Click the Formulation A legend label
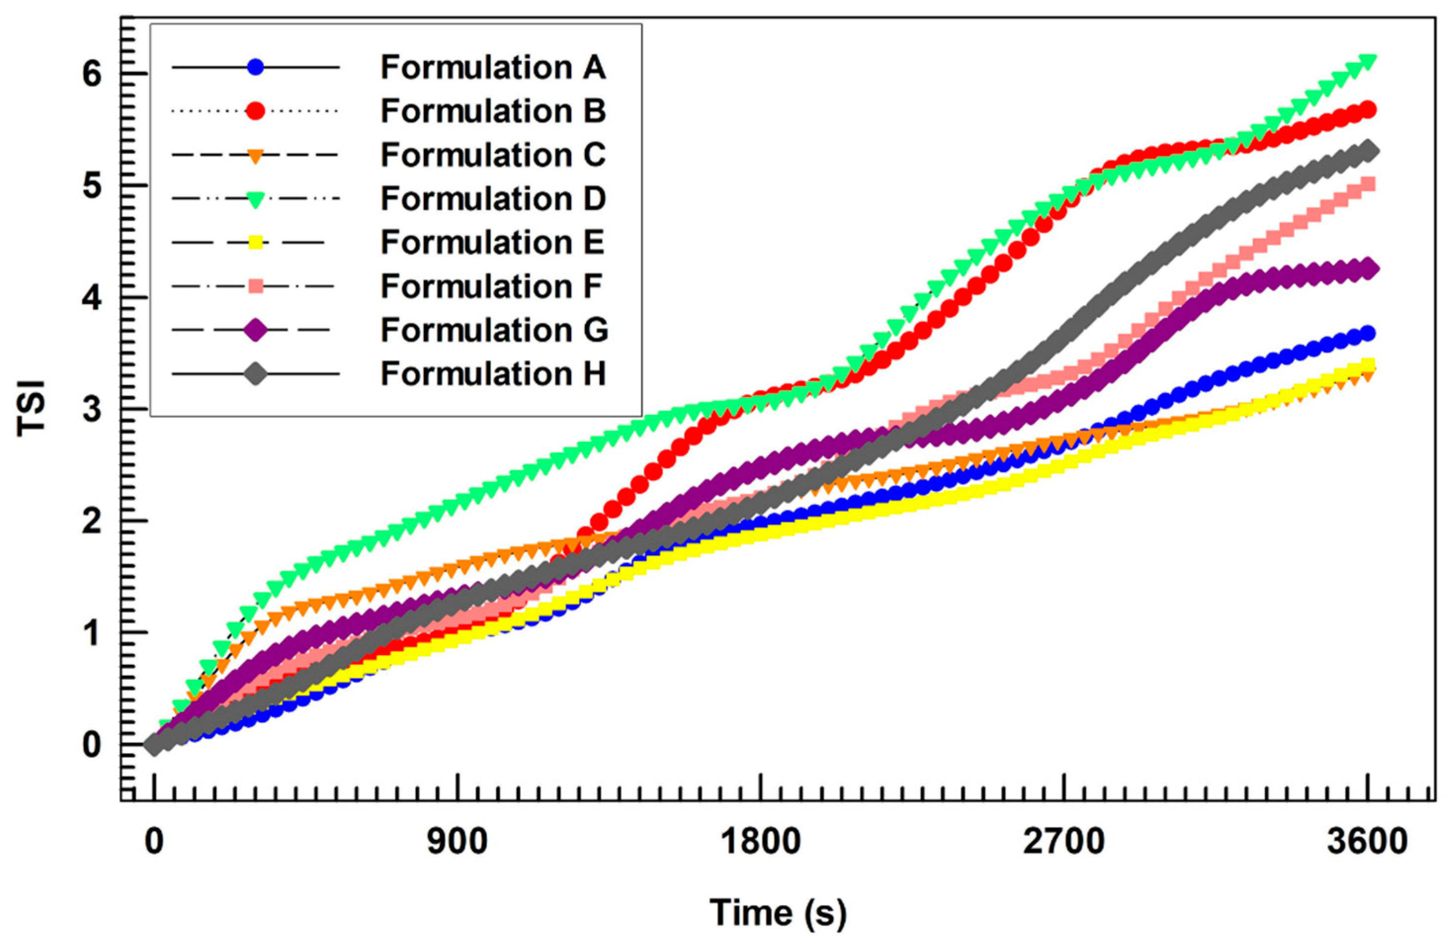[493, 67]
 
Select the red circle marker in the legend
[255, 111]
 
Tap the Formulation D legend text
[493, 199]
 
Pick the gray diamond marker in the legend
[255, 373]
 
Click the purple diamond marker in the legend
[255, 330]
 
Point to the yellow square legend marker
[255, 243]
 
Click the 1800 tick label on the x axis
[760, 842]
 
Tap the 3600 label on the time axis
[1368, 842]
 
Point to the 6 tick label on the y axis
[91, 75]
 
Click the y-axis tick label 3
[91, 410]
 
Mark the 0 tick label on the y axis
[91, 745]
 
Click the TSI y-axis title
[32, 409]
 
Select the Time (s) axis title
[778, 913]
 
